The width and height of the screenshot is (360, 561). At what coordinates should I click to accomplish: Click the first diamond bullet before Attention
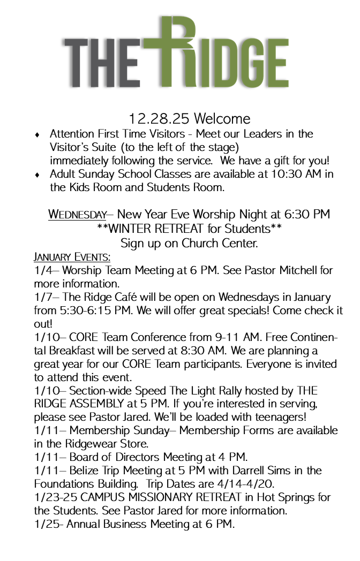[x=37, y=134]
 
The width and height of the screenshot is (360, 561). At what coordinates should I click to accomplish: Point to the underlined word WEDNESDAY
[x=78, y=215]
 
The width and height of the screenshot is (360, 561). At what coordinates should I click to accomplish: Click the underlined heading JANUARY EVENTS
[x=72, y=256]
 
